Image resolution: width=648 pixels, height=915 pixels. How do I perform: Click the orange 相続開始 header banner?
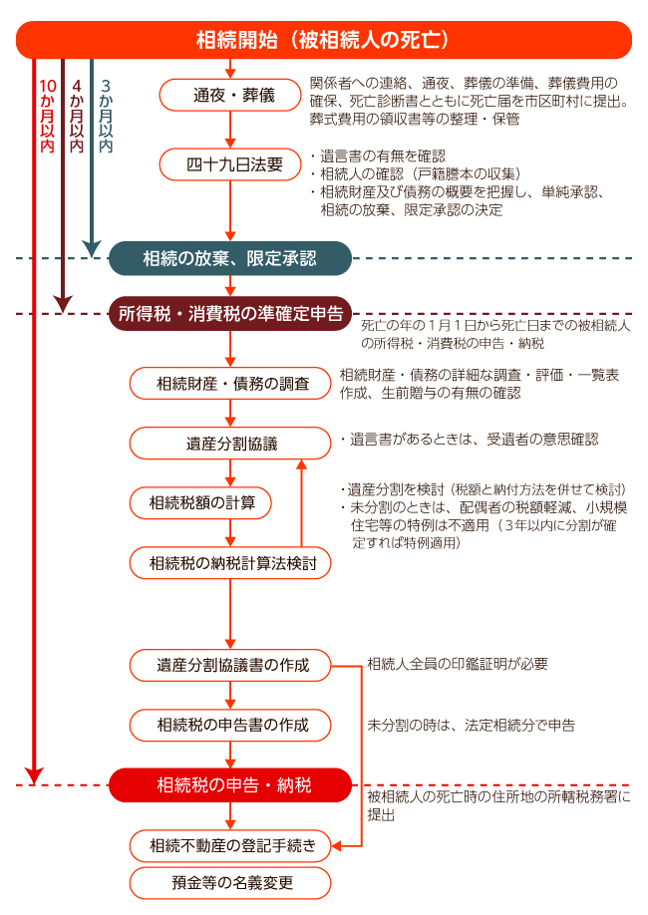point(323,40)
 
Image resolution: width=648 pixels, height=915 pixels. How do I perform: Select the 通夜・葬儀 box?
point(230,95)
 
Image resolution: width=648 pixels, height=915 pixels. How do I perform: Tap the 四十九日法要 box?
point(230,164)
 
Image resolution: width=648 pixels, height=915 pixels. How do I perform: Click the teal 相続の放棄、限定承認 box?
point(230,258)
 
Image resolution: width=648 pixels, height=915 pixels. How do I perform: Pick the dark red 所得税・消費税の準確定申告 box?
point(230,314)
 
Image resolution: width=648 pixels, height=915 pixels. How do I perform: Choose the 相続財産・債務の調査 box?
point(230,384)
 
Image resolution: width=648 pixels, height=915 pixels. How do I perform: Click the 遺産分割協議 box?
point(230,444)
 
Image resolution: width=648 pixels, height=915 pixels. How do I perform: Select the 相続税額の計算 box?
point(200,503)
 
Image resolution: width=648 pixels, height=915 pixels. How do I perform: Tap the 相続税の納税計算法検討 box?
point(230,563)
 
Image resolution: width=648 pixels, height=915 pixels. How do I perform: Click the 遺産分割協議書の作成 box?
point(230,665)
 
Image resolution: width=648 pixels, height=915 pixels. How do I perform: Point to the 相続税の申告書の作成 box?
point(230,726)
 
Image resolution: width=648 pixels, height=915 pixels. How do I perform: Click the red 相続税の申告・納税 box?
point(230,784)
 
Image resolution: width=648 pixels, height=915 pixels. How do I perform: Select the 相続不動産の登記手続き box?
point(230,845)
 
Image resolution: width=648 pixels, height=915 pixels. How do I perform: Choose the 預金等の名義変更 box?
point(230,883)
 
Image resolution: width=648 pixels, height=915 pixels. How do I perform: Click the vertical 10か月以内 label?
point(47,116)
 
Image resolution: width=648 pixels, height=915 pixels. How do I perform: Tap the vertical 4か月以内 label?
point(77,116)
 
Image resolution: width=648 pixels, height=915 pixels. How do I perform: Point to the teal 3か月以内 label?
point(106,116)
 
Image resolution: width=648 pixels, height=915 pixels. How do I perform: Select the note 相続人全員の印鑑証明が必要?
point(458,664)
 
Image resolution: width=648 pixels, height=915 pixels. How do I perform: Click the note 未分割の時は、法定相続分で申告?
point(472,726)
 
